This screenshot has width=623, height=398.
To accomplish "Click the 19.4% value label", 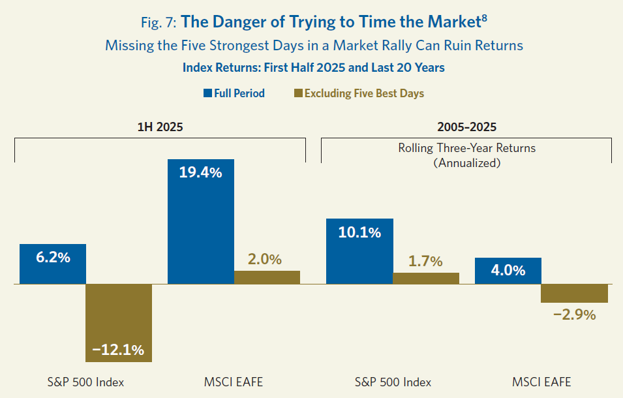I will tap(201, 173).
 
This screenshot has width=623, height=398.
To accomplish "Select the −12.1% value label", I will tap(118, 350).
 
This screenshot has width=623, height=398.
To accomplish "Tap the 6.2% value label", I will tap(53, 257).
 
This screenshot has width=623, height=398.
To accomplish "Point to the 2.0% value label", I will tap(264, 259).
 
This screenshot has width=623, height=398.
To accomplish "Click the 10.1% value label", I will tap(359, 232).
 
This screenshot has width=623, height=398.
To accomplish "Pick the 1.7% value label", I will tap(425, 261).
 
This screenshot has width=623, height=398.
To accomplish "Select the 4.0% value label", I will tap(508, 270).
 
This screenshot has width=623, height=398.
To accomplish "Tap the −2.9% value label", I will tap(575, 314).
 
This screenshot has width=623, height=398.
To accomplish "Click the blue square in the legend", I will tap(207, 93).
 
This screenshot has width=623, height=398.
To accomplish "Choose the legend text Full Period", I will tap(239, 93).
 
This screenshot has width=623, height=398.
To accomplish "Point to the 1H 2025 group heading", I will tap(160, 127).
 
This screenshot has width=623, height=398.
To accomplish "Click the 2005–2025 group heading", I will tap(466, 127).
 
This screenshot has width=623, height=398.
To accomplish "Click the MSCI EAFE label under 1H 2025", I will tap(234, 382).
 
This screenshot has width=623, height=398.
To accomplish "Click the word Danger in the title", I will tap(233, 22).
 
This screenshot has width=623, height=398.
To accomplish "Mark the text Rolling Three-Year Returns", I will tap(466, 148).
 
